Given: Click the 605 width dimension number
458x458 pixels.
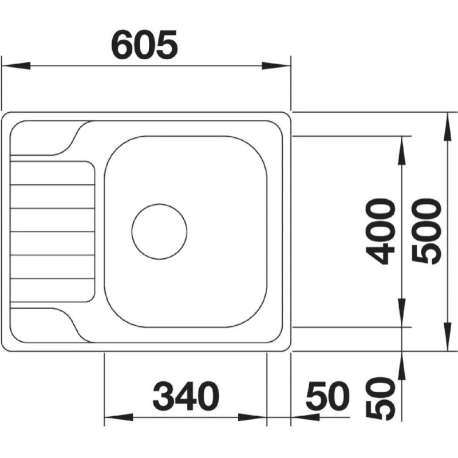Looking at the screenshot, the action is pyautogui.click(x=145, y=45).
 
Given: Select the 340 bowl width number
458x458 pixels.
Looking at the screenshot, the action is pyautogui.click(x=185, y=396).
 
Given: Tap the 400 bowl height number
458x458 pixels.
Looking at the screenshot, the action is pyautogui.click(x=380, y=231).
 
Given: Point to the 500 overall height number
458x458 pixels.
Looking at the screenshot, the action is pyautogui.click(x=426, y=232).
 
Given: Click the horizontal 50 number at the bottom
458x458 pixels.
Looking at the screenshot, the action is pyautogui.click(x=327, y=396).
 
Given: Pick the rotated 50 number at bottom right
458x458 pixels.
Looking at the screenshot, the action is pyautogui.click(x=380, y=398).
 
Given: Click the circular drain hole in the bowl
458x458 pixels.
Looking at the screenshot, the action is pyautogui.click(x=159, y=231).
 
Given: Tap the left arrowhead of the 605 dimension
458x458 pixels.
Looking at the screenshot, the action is pyautogui.click(x=16, y=66).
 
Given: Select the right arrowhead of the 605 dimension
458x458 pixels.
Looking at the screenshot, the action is pyautogui.click(x=276, y=66).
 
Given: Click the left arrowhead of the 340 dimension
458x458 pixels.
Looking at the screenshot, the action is pyautogui.click(x=119, y=417).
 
